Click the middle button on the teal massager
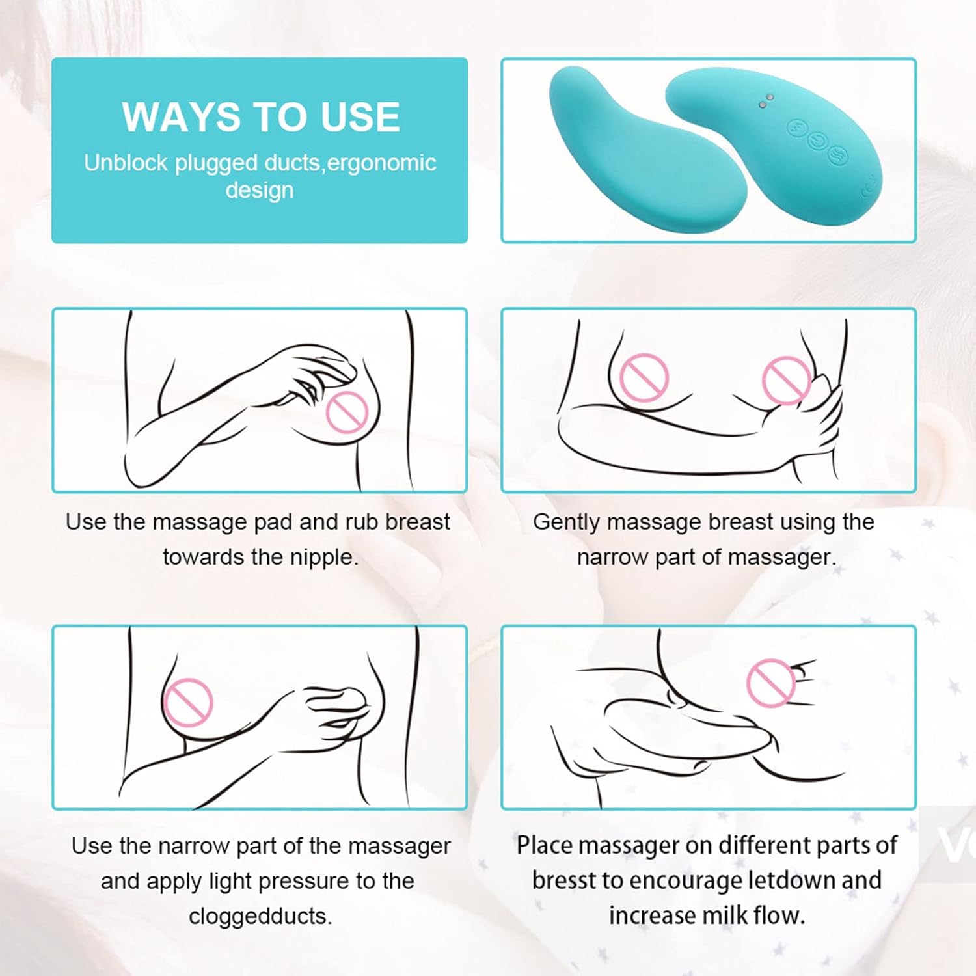[816, 141]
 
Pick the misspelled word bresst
[563, 880]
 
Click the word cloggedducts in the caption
[260, 915]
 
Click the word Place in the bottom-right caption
[544, 845]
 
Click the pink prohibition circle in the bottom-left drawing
[188, 703]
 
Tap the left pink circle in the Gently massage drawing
[644, 377]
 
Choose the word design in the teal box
[260, 190]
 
